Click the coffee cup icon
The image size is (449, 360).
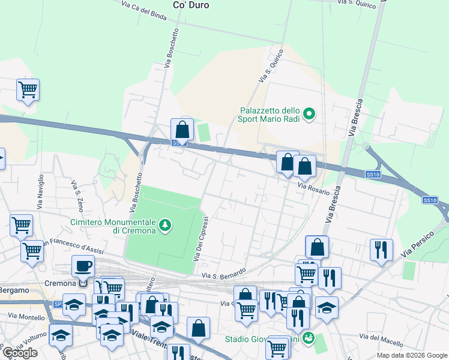tap(83, 266)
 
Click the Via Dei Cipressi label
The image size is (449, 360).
tap(200, 239)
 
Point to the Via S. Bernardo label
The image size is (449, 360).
tap(224, 274)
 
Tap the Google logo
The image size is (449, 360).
tap(19, 353)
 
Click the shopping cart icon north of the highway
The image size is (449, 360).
tap(28, 91)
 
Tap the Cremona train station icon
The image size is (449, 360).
tap(83, 283)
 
